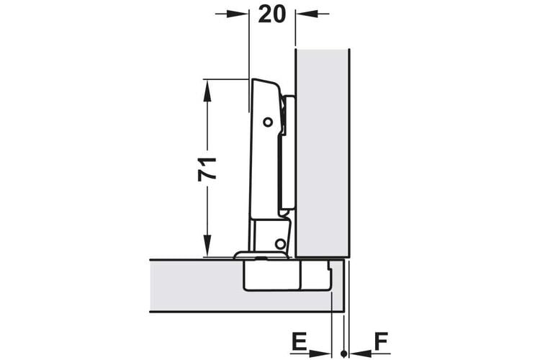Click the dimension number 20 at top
click(x=272, y=14)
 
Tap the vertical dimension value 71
click(x=207, y=169)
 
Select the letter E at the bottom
click(x=299, y=341)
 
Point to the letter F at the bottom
click(x=381, y=341)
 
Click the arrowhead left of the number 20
click(x=238, y=14)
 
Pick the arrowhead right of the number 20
click(x=307, y=14)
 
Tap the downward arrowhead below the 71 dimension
click(x=207, y=246)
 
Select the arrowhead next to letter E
click(x=320, y=354)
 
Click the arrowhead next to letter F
click(x=360, y=354)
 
